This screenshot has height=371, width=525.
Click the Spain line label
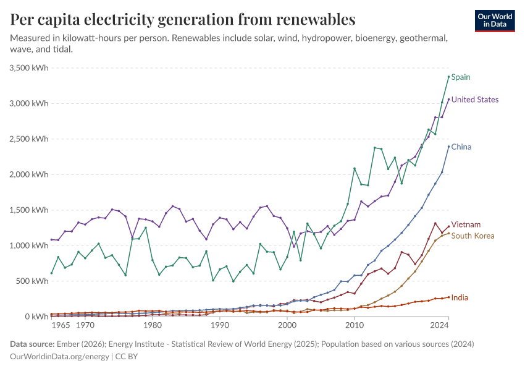pos(461,77)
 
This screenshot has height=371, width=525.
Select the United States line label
pos(474,100)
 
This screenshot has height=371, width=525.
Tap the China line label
pos(461,147)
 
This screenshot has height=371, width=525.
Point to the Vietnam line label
pos(466,224)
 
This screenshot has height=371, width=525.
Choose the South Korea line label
pos(472,236)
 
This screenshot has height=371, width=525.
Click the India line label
pos(459,297)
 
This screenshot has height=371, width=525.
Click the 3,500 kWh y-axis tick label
pos(28,67)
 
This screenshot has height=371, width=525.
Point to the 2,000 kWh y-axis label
pos(28,174)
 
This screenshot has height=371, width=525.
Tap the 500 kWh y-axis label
pos(31,281)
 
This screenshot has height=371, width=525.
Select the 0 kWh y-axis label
pos(37,317)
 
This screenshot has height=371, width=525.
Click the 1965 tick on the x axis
pos(61,325)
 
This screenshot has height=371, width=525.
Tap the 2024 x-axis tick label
pos(440,325)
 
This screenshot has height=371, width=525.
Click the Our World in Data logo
pos(495,20)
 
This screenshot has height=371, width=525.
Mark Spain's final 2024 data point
pos(448,77)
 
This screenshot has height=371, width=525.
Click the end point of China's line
pos(448,147)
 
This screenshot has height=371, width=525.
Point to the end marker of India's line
pos(448,297)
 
